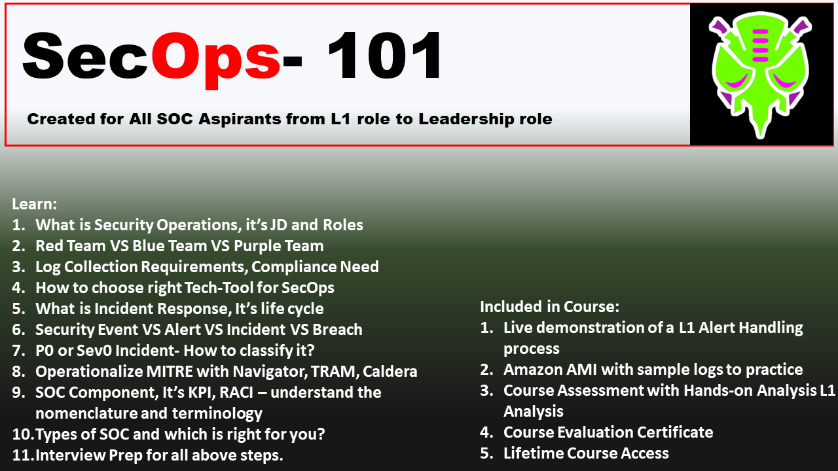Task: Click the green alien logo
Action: coord(760,75)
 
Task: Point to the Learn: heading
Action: coord(34,204)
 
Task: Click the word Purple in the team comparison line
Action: coord(254,246)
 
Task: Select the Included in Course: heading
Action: coord(549,306)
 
